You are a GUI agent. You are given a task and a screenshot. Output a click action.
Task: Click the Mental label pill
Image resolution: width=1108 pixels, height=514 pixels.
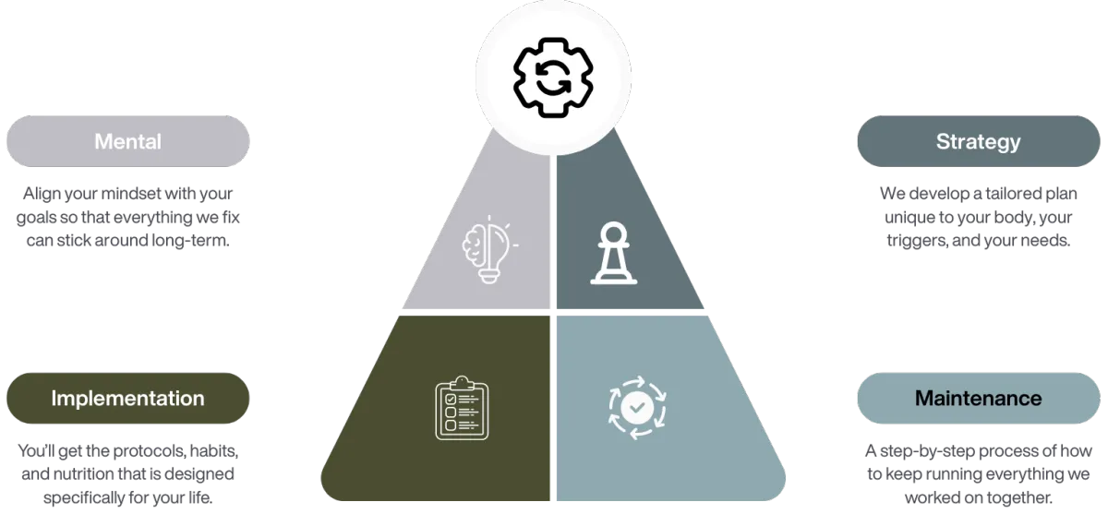[127, 141]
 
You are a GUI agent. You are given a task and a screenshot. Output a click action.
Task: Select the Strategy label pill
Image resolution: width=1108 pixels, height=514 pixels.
[978, 141]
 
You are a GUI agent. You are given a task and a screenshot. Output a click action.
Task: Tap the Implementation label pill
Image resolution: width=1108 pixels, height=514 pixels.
[127, 399]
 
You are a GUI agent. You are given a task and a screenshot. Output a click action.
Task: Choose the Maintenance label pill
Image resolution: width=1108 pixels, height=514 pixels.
[978, 399]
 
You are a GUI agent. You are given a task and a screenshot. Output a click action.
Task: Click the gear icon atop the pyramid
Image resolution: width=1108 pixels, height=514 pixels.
[552, 77]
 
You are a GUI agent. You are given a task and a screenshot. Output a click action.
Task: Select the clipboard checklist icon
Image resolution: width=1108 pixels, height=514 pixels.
[462, 407]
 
